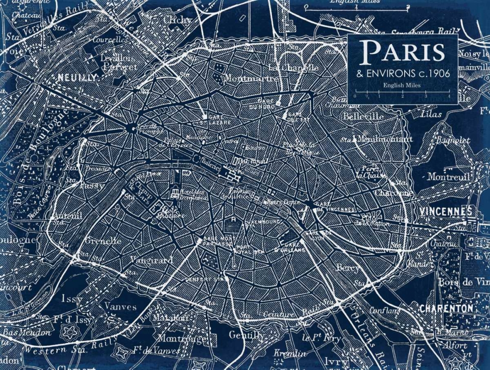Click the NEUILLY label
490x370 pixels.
(77, 78)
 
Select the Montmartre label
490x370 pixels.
(251, 78)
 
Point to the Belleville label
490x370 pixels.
(364, 117)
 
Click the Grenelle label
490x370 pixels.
(103, 241)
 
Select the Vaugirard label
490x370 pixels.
(151, 260)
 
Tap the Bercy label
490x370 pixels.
(347, 268)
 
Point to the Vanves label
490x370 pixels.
(121, 307)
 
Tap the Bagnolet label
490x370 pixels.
(453, 140)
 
